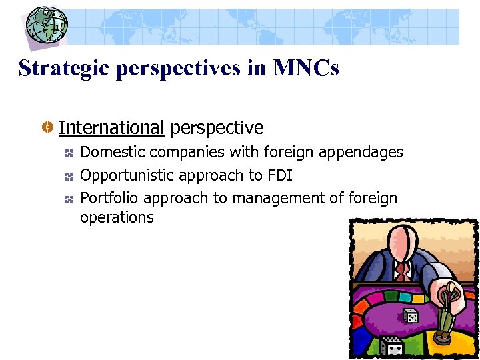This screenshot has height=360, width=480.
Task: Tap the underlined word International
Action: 111,127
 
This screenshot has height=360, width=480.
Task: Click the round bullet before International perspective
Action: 49,127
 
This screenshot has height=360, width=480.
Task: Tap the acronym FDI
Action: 279,175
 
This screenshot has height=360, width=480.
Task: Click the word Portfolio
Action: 109,198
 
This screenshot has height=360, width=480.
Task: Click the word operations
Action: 117,217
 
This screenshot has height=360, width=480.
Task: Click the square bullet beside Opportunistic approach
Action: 69,176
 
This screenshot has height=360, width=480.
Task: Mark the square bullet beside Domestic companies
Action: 69,153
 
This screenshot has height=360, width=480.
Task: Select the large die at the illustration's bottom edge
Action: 391,345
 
